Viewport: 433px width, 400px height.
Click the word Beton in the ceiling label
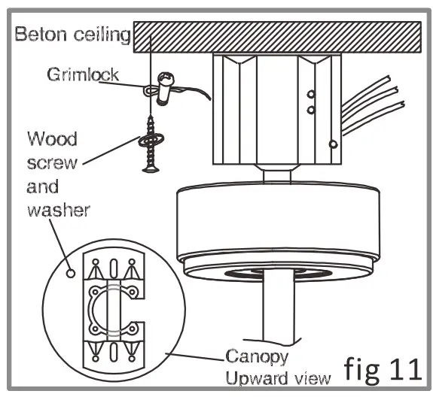38,35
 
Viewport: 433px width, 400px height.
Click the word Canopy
254,354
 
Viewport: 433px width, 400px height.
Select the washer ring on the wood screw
151,140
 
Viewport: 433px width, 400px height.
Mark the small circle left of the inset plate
72,272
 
